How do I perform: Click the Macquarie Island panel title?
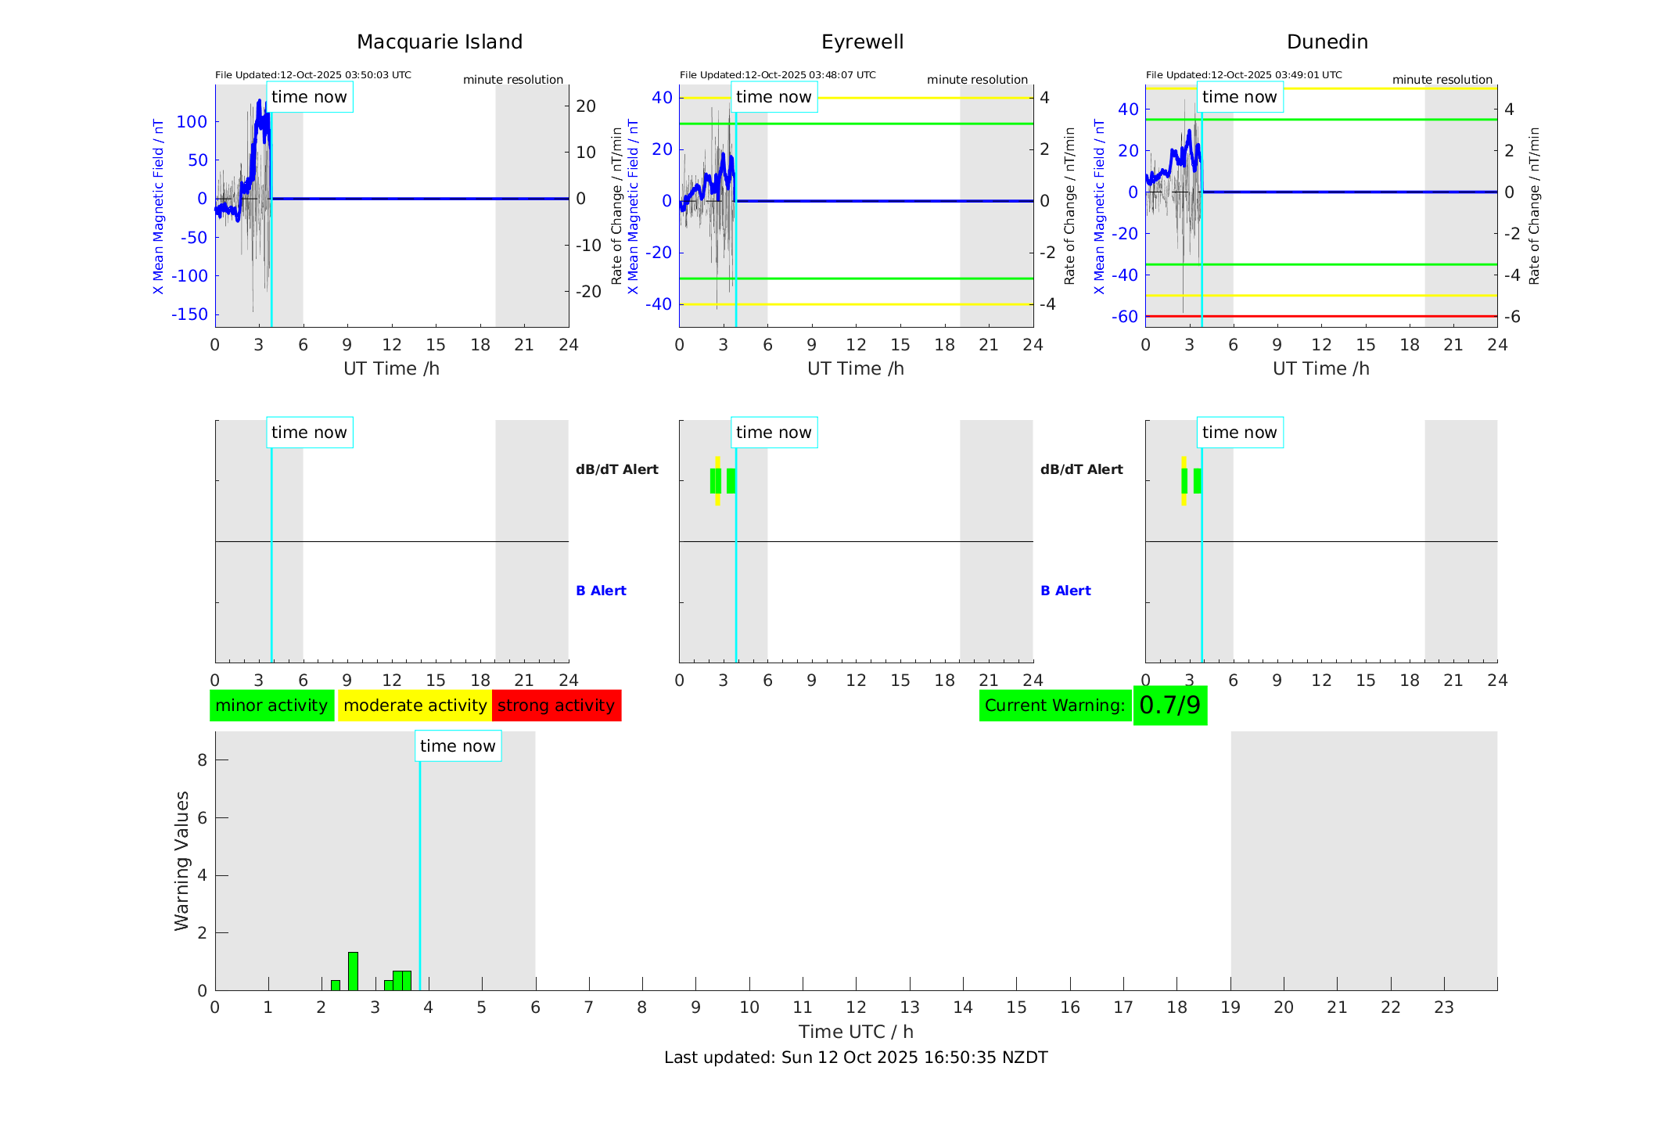439,42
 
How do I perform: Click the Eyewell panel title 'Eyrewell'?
862,42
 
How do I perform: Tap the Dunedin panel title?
1327,42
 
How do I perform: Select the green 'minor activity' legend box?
271,706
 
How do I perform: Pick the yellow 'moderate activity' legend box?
415,706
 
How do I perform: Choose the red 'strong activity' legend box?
556,706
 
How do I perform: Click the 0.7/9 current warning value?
1169,706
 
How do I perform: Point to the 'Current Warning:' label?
1054,706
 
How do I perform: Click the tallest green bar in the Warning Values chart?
353,971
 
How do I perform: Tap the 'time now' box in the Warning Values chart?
458,746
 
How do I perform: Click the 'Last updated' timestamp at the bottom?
856,1058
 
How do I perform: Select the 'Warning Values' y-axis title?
182,860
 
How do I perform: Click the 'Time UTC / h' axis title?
856,1032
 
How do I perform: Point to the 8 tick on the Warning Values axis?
203,760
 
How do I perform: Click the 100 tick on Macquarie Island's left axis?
192,122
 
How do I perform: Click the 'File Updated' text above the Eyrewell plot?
778,75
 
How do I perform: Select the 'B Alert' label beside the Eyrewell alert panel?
1065,591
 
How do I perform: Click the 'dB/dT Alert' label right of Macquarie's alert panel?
617,469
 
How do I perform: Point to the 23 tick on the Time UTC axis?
1443,1007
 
